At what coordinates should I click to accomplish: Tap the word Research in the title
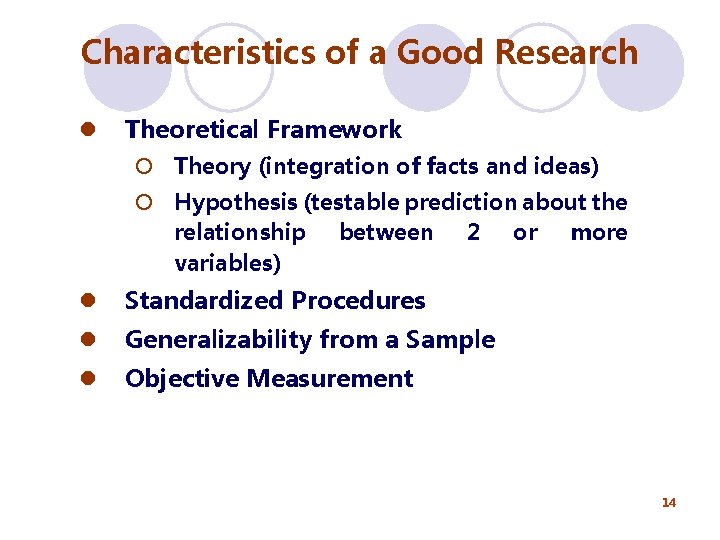pos(567,52)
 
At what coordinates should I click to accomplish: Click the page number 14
pos(669,502)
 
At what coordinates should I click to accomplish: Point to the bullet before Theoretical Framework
pos(88,130)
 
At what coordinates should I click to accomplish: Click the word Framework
pos(334,130)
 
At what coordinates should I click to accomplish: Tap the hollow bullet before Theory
pos(146,166)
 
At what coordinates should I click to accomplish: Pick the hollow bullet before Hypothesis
pos(146,202)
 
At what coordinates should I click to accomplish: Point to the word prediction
pos(450,202)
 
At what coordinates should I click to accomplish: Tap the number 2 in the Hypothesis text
pos(472,233)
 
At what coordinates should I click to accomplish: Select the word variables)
pos(227,263)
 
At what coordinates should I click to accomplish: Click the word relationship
pos(240,233)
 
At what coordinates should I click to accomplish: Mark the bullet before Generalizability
pos(88,340)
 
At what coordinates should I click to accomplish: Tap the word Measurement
pos(329,378)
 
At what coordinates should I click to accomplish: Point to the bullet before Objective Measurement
pos(88,378)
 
